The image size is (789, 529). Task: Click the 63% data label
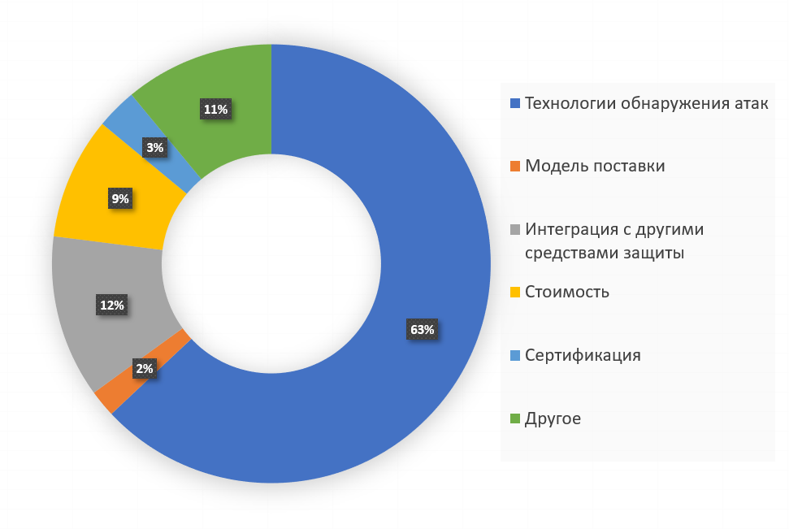pyautogui.click(x=423, y=330)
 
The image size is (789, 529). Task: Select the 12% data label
pyautogui.click(x=111, y=306)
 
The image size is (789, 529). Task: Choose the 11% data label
pyautogui.click(x=215, y=109)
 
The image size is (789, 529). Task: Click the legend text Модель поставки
pyautogui.click(x=595, y=166)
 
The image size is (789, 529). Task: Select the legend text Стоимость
pyautogui.click(x=567, y=292)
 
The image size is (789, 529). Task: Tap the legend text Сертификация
pyautogui.click(x=583, y=355)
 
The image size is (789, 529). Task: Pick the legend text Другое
pyautogui.click(x=553, y=418)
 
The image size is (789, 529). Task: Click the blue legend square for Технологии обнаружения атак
pyautogui.click(x=514, y=104)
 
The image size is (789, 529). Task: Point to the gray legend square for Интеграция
pyautogui.click(x=514, y=230)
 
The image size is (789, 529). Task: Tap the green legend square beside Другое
pyautogui.click(x=514, y=419)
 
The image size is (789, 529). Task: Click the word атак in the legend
pyautogui.click(x=750, y=103)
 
